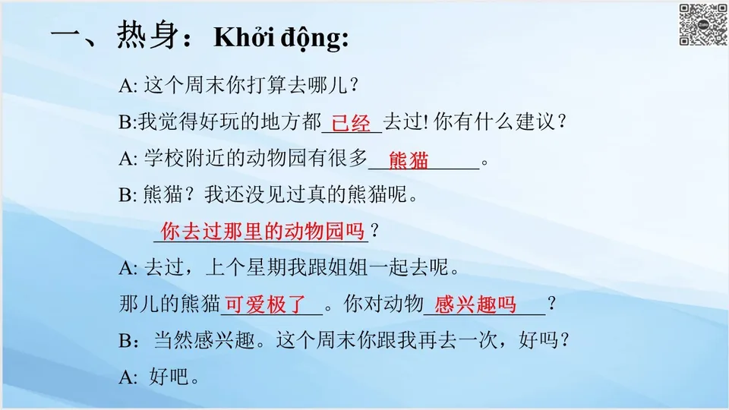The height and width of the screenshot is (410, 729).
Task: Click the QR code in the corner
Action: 702,25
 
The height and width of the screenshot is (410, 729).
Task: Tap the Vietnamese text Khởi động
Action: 281,38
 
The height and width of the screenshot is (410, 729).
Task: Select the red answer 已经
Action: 352,123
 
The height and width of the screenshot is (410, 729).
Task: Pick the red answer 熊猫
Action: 409,160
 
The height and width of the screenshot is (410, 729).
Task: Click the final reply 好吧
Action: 174,377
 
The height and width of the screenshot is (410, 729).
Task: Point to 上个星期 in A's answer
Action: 245,268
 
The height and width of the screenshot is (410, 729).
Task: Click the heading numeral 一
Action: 66,36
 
